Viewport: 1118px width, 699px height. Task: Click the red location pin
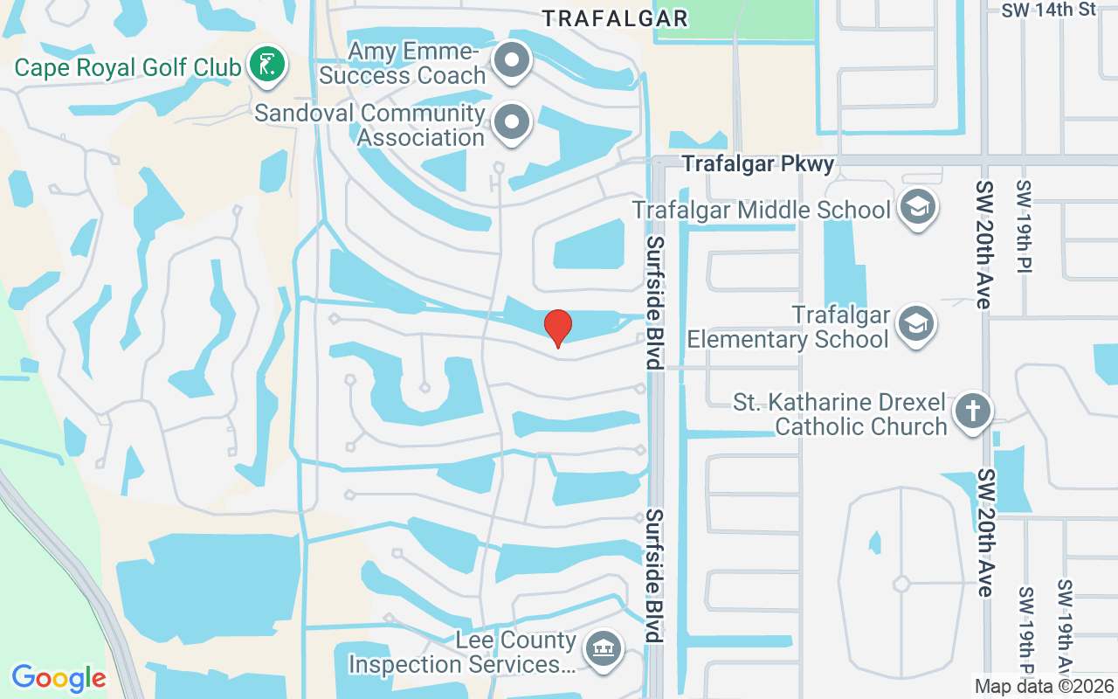558,328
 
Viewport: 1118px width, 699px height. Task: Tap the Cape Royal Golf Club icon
267,65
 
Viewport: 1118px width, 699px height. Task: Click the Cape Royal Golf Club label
128,66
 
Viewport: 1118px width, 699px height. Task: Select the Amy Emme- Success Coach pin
512,61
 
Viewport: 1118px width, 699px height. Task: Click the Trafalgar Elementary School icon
915,324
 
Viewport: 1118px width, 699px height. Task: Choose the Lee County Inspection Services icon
601,650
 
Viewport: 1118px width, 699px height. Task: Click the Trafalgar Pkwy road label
758,163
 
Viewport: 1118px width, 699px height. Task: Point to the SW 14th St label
1048,10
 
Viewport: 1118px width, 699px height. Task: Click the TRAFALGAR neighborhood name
615,17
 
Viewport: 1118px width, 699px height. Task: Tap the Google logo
59,678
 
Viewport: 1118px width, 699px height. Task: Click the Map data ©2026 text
1043,687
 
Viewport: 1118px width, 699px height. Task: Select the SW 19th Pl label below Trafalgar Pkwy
1024,227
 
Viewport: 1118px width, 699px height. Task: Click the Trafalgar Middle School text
762,210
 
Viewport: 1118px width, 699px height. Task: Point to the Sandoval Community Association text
370,126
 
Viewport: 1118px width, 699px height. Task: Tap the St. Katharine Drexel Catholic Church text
839,414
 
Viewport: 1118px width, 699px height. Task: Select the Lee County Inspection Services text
462,653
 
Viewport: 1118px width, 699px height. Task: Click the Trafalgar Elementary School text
789,326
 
